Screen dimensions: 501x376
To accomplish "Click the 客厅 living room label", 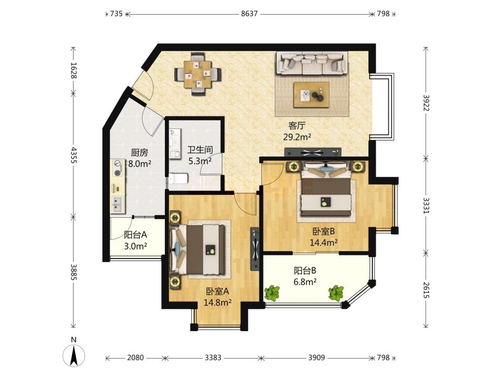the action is coord(297,125).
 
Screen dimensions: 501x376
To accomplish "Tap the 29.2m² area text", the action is coord(297,137).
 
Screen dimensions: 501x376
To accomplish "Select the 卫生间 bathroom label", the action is coord(200,150).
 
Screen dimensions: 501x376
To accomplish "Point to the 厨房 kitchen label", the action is coord(140,153).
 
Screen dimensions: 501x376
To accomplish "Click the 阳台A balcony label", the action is coord(136,235).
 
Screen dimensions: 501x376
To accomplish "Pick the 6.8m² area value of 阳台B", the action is coord(305,282).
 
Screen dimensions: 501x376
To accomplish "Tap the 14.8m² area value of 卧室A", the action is coord(218,302).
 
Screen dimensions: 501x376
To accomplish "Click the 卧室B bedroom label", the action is coord(324,231).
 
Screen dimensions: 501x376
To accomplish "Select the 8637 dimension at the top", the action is coord(249,14).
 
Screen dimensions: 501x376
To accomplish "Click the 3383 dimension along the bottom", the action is coord(213,357).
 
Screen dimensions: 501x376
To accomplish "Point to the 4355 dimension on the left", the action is coord(74,156).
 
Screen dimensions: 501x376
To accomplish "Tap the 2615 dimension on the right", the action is coord(426,290).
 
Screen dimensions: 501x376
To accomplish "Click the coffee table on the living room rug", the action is coord(312,95).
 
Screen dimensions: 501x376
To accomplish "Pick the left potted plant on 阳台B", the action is coord(272,293).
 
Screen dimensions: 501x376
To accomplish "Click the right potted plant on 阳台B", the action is coord(336,293).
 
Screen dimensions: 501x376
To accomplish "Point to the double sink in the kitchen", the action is coord(117,205).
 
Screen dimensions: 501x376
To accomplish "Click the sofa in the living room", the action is coord(312,63).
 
